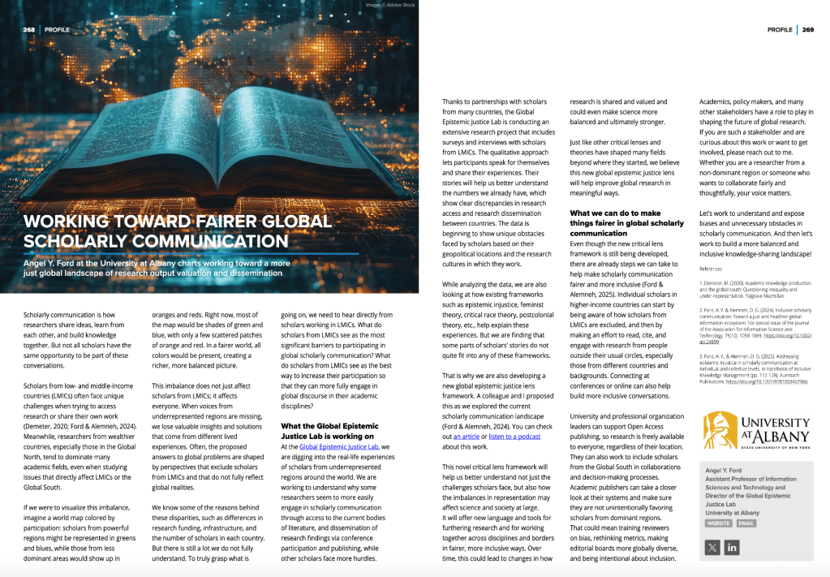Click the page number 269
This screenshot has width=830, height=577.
pyautogui.click(x=808, y=30)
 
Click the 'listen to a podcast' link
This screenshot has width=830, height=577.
pyautogui.click(x=514, y=436)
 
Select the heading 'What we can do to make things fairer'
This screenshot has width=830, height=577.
pyautogui.click(x=626, y=223)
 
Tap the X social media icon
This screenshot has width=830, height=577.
pyautogui.click(x=712, y=548)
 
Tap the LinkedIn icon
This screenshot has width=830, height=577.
pyautogui.click(x=732, y=548)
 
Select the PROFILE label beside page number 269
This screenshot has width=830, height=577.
pyautogui.click(x=780, y=30)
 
